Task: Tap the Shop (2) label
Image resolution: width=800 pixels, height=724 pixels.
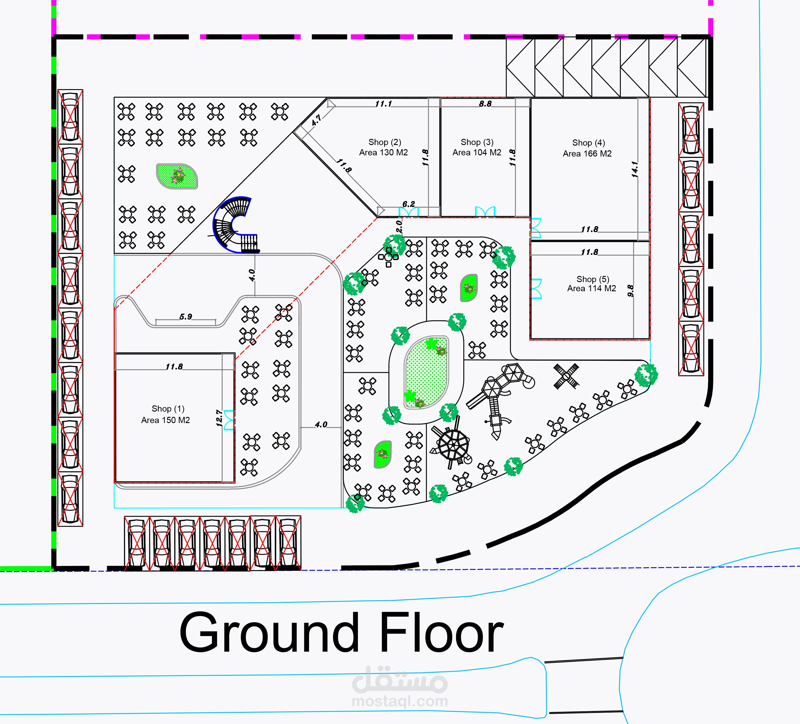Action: pos(384,142)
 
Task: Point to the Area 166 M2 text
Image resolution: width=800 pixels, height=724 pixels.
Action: pos(587,154)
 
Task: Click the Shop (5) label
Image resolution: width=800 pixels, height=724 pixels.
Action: pos(592,279)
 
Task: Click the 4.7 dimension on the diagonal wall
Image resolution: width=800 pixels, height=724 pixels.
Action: pos(316,121)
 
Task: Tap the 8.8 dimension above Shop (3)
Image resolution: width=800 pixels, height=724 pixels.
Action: pos(485,104)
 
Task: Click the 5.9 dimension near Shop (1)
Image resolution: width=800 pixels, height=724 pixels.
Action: pos(185,317)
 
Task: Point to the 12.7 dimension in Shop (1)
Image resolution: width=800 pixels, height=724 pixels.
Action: pos(219,418)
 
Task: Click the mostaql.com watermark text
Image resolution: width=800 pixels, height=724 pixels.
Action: pos(400,701)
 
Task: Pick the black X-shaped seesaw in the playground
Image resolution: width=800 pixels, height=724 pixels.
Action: pos(566,376)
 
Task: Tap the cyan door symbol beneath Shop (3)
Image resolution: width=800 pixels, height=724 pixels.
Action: pos(485,212)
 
